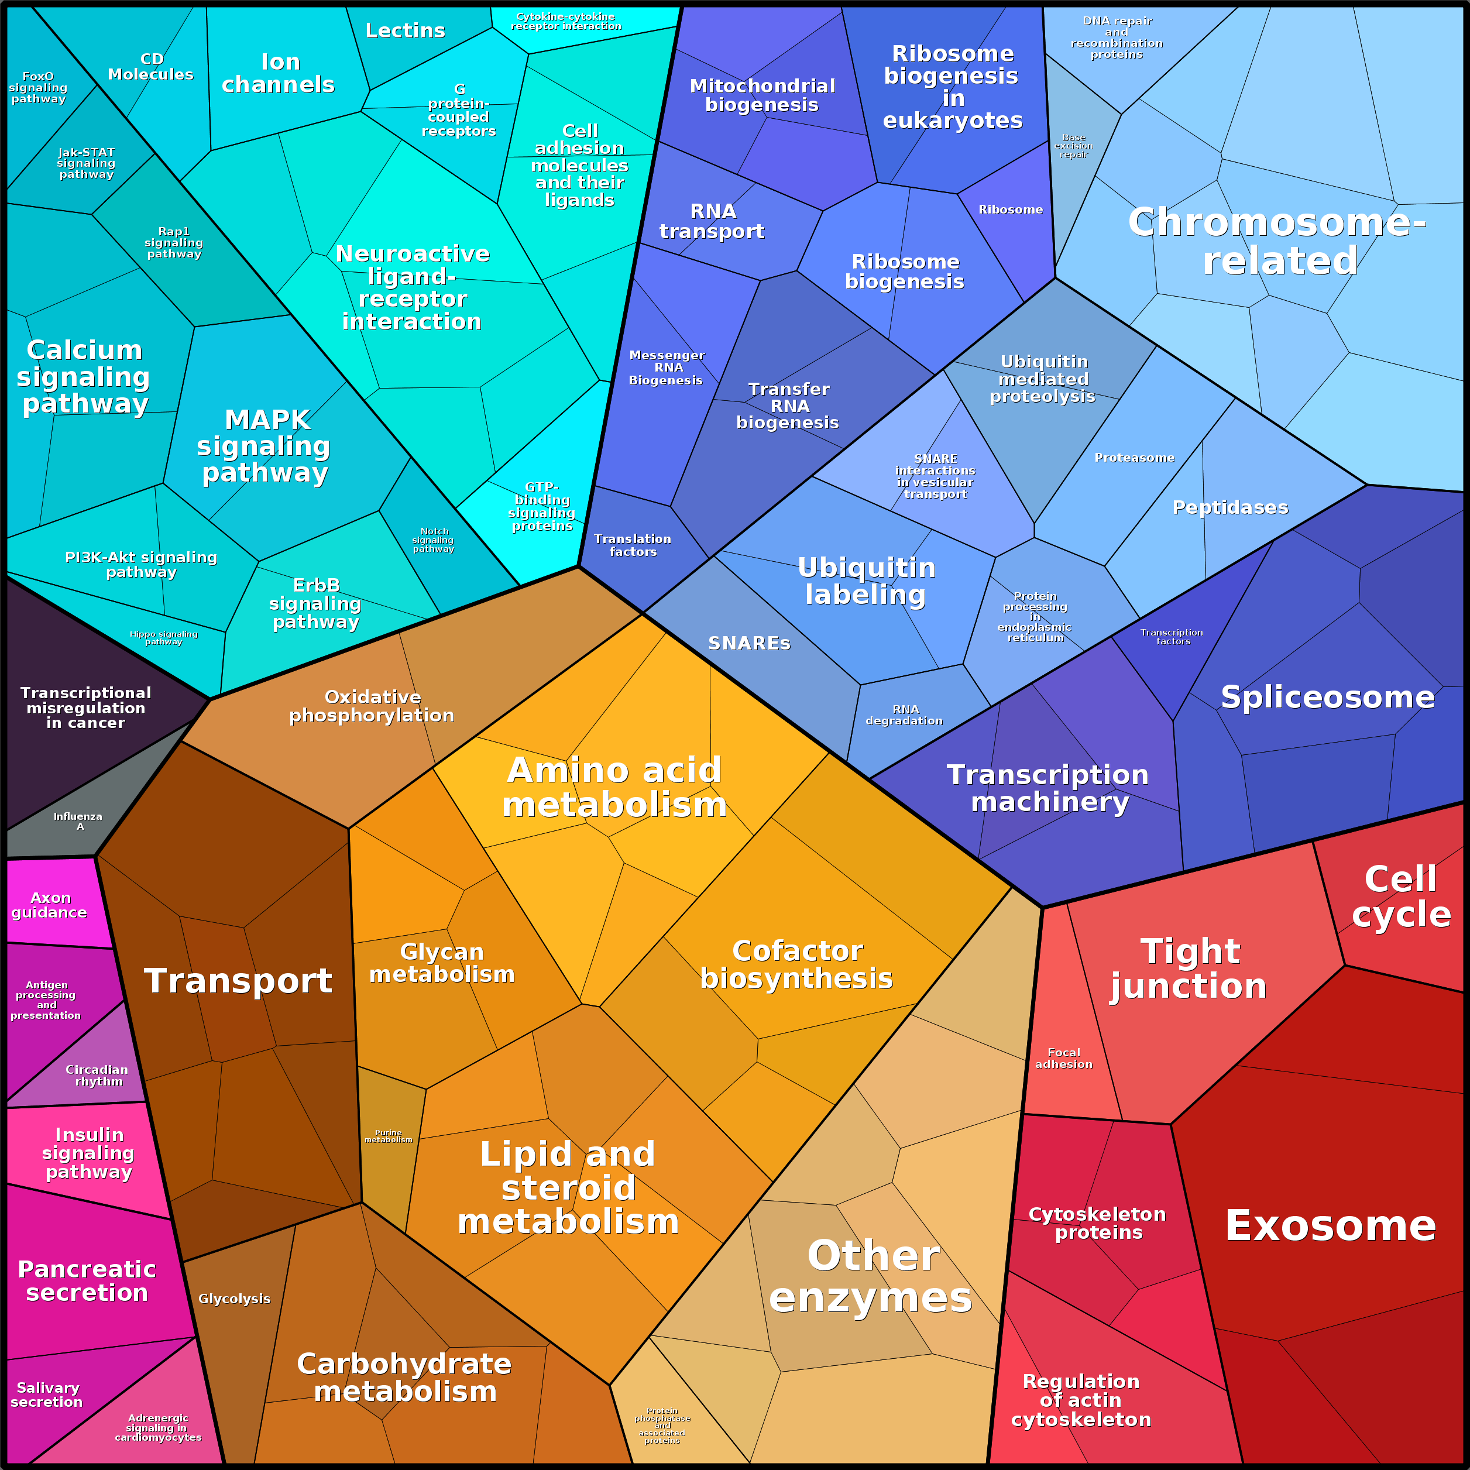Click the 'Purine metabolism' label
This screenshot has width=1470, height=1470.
(388, 1136)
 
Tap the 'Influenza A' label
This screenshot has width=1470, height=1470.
(78, 821)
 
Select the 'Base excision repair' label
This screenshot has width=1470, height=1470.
(1074, 146)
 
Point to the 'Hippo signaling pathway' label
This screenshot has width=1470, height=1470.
(164, 638)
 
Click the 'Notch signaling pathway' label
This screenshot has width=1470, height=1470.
(434, 540)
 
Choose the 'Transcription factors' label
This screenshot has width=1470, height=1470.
(1173, 637)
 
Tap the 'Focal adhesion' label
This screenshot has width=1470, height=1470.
(1064, 1059)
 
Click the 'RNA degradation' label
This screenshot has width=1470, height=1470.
(905, 715)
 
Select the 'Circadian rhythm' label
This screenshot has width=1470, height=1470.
(97, 1075)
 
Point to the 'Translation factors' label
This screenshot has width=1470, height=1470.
(633, 545)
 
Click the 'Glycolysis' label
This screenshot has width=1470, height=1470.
(234, 1299)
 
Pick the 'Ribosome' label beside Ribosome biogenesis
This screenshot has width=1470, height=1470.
(1011, 209)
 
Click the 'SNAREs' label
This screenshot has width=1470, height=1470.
(750, 644)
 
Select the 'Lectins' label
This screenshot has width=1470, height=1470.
(406, 30)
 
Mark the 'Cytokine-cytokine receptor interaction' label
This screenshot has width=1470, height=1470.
(566, 21)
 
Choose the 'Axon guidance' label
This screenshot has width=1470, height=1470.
(50, 905)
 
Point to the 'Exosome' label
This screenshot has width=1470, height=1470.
(1331, 1226)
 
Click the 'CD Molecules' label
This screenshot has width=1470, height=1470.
(152, 67)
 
